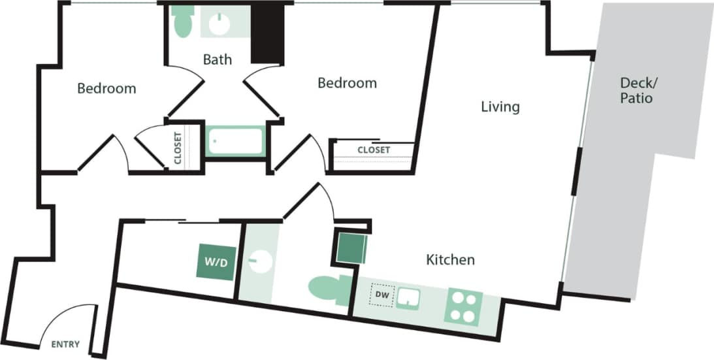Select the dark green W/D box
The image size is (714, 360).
click(216, 263)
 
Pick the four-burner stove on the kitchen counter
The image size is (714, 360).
click(463, 305)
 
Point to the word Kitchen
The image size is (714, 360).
click(450, 260)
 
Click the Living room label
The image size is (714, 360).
click(500, 106)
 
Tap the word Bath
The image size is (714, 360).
click(217, 59)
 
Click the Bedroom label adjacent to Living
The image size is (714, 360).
click(347, 83)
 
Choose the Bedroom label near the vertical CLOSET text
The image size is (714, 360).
click(106, 88)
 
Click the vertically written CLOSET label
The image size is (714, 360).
click(177, 148)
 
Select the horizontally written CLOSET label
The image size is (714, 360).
click(374, 150)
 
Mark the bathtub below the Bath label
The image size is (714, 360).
click(235, 142)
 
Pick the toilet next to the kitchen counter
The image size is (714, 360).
click(330, 290)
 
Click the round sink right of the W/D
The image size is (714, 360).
click(259, 261)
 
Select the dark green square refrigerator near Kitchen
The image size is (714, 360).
click(350, 246)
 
